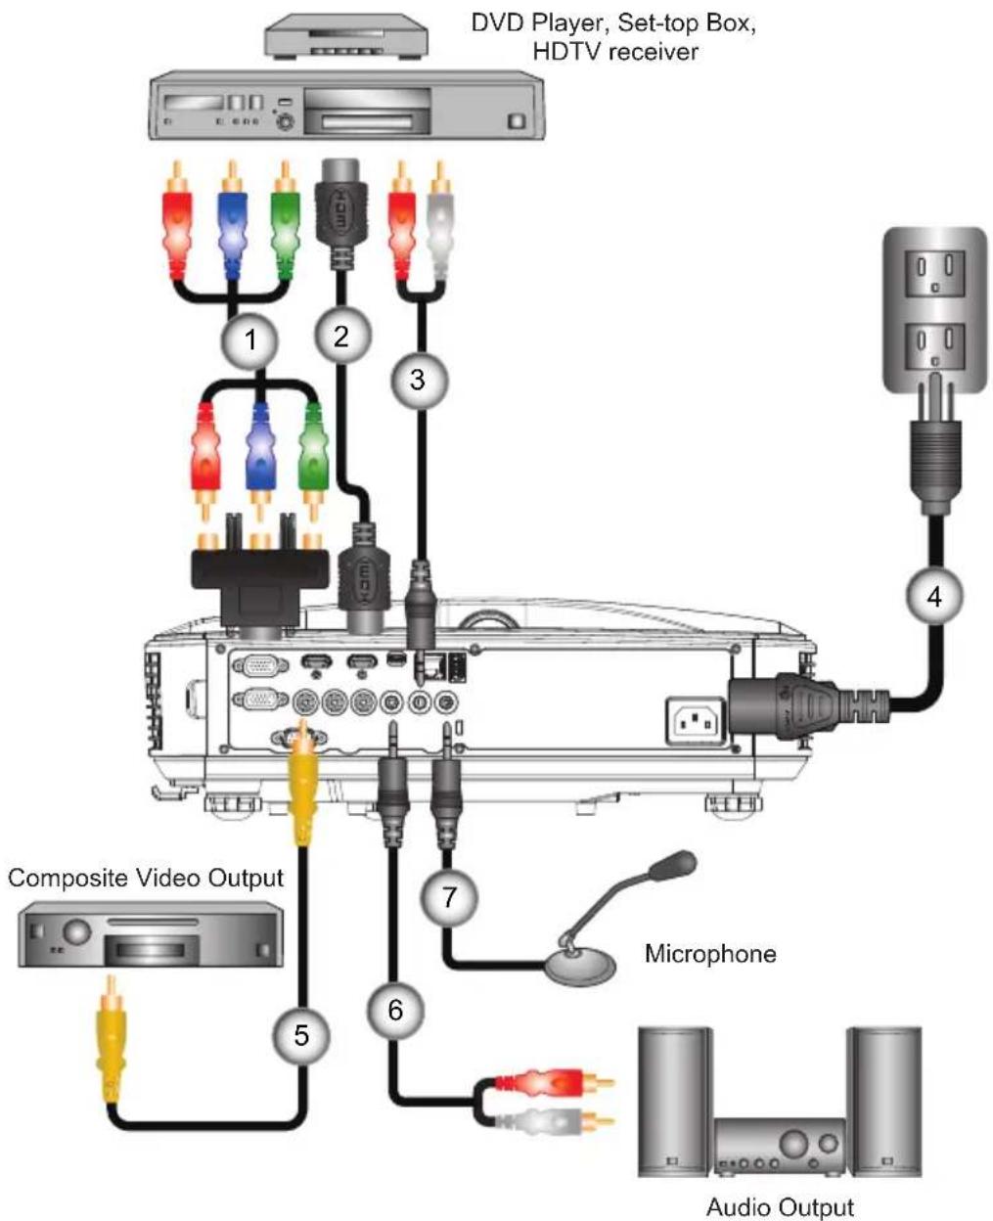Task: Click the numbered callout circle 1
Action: point(249,340)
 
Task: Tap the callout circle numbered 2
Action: point(342,336)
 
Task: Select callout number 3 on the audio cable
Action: point(419,379)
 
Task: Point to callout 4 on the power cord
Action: point(934,597)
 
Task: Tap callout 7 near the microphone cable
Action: point(449,897)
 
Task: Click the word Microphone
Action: point(710,953)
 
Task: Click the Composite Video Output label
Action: point(146,878)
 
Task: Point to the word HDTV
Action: point(567,53)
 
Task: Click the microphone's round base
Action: point(579,965)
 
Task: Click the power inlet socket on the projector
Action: point(695,721)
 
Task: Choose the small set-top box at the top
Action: point(345,35)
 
